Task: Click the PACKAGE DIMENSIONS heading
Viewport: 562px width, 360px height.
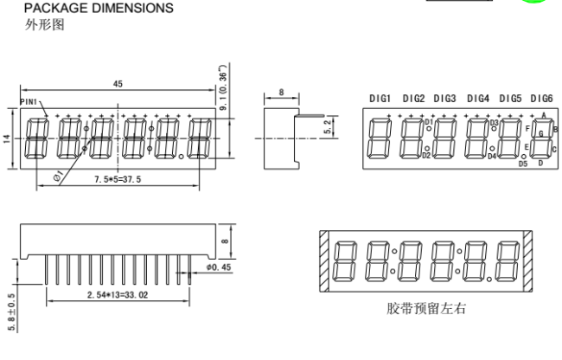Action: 99,9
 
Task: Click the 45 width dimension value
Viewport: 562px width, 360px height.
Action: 118,84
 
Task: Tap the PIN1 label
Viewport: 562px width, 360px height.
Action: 29,102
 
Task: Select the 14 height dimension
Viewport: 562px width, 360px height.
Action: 7,139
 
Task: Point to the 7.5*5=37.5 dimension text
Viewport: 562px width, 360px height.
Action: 118,179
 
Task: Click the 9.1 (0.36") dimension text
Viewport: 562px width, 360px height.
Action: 223,87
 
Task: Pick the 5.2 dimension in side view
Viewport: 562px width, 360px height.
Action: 328,127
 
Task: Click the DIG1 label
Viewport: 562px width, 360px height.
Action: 380,99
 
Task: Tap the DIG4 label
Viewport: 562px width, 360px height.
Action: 478,99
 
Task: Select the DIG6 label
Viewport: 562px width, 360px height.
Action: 541,99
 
